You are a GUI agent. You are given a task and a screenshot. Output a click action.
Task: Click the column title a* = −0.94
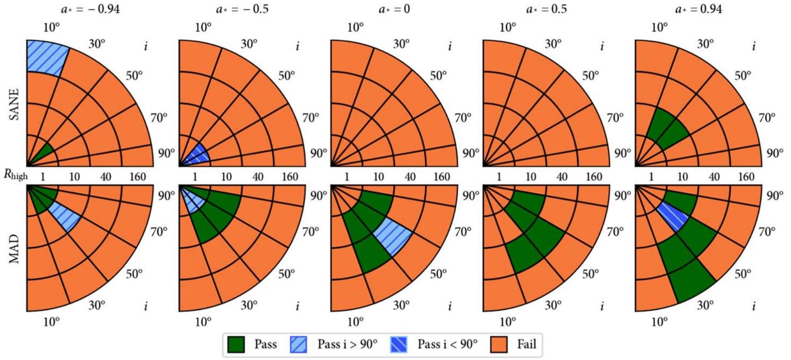point(90,9)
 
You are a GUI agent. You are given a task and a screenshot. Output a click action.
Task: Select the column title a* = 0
point(394,9)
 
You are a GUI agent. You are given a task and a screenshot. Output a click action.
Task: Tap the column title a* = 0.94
point(699,9)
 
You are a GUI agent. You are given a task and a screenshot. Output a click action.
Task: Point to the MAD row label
point(14,248)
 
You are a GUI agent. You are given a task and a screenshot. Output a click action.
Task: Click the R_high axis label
point(16,175)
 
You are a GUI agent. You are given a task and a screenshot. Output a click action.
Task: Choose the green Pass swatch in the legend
point(236,344)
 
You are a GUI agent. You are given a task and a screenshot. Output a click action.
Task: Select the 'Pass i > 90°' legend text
point(347,344)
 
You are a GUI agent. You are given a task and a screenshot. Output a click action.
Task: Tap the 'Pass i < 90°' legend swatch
point(398,344)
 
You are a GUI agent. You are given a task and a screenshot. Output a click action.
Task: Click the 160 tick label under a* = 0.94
point(746,177)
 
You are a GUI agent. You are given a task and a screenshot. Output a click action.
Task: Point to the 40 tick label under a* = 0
point(410,177)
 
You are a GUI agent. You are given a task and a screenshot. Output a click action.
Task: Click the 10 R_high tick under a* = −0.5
point(226,177)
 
